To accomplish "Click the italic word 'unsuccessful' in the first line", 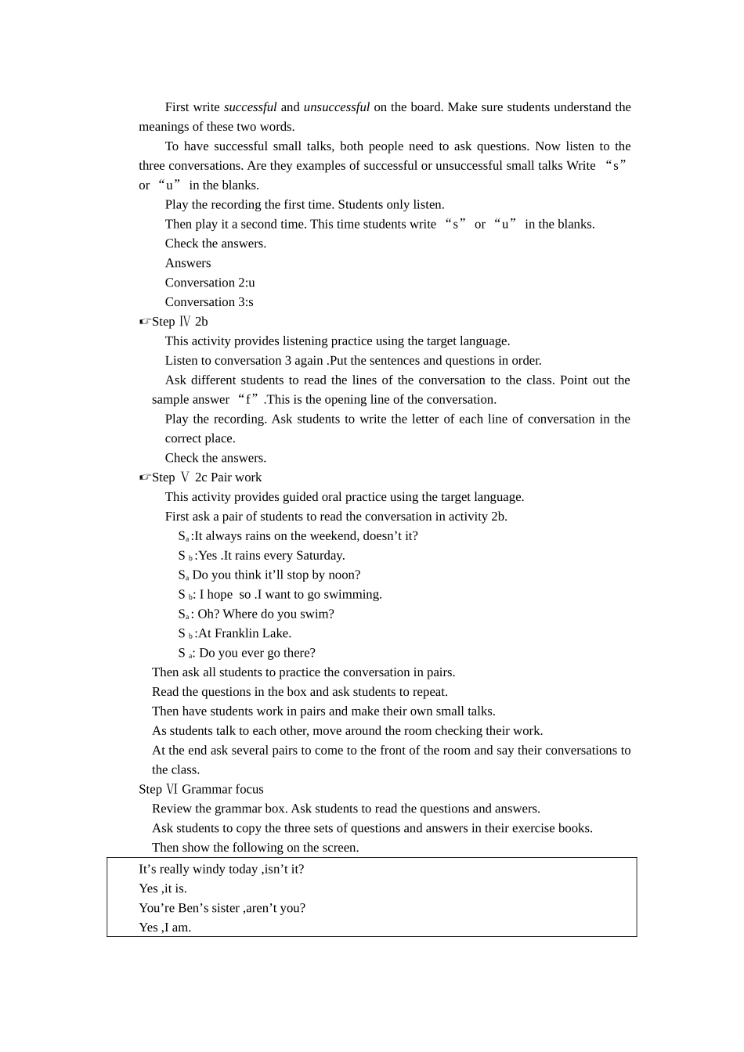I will pos(337,107).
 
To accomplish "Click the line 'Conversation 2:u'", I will pos(210,283).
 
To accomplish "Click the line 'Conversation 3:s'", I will pos(209,302).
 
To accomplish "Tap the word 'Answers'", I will pos(188,263).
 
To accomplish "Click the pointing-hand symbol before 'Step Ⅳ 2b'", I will pos(145,322).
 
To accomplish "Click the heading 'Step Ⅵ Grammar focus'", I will pos(201,789).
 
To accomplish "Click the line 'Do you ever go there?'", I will pos(257,653).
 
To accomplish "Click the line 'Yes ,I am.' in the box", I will pos(165,928).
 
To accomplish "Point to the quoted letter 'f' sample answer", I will pos(249,400).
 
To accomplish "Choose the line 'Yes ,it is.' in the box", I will pos(163,888).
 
